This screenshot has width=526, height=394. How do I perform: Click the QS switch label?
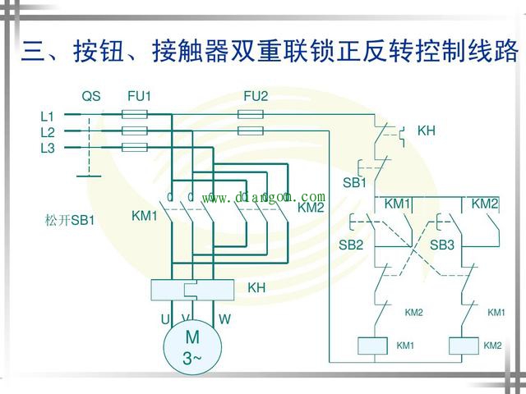[x=90, y=96]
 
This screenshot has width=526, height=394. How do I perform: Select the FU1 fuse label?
[x=139, y=96]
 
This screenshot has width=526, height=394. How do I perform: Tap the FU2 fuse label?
[x=256, y=96]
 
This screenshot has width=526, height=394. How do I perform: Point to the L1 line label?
[x=47, y=117]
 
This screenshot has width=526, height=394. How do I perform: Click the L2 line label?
[x=47, y=132]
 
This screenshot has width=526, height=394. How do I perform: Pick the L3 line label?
[x=47, y=148]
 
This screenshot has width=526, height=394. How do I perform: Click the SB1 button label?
[x=354, y=182]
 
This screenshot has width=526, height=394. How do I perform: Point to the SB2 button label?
[x=351, y=245]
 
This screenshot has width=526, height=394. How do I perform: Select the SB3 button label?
[x=442, y=245]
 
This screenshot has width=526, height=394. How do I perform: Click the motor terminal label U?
[x=164, y=318]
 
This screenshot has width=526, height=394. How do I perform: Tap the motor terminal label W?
[x=224, y=318]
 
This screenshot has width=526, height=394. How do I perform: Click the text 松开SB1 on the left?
[x=70, y=221]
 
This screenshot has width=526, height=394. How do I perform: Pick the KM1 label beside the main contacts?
[x=144, y=216]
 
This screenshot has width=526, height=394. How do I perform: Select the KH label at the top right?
[x=426, y=131]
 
